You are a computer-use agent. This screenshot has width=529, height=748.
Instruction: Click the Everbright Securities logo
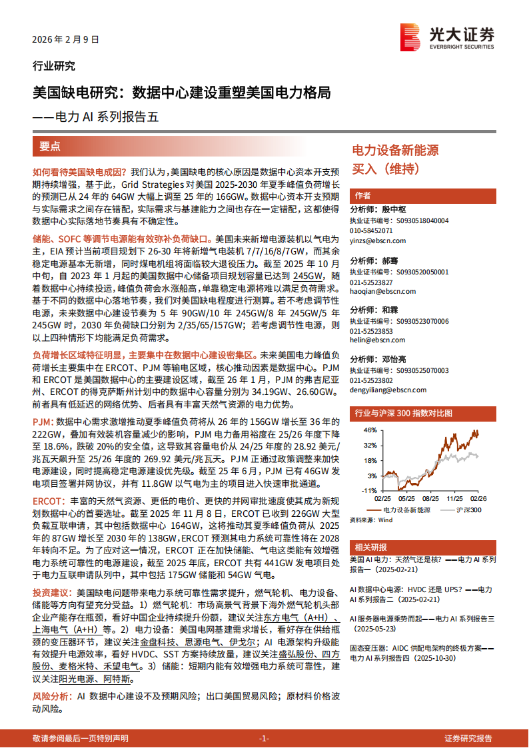point(447,37)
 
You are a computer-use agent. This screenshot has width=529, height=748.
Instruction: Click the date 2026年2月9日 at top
point(65,39)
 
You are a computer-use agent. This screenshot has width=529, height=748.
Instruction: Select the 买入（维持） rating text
point(385,169)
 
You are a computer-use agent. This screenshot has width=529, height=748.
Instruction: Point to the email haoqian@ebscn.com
point(383,291)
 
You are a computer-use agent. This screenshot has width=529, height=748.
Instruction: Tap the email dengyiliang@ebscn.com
point(388,390)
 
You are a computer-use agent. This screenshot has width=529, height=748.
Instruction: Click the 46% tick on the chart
point(370,430)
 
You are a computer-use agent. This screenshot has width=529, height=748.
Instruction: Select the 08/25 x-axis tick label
point(430,498)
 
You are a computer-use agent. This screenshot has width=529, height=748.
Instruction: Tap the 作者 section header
point(363,195)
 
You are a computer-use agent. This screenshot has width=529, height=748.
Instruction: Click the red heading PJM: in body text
point(43,422)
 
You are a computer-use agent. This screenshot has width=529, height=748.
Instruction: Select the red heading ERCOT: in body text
point(49,500)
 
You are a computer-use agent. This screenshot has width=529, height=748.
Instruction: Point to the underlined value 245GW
point(307,275)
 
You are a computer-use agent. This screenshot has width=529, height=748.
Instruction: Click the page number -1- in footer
point(263,739)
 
